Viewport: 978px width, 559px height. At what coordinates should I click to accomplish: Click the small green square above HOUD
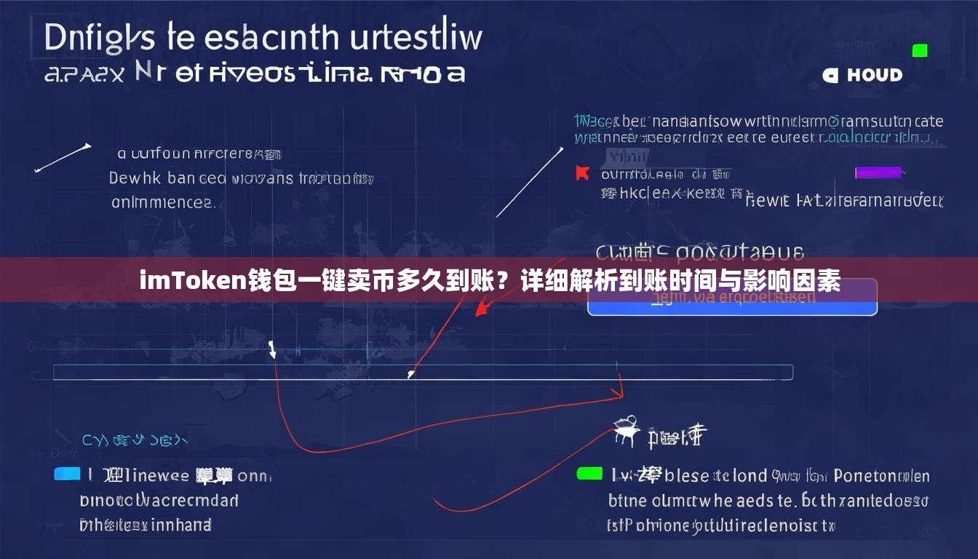(920, 50)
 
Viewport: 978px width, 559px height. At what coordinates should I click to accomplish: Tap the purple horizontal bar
(878, 173)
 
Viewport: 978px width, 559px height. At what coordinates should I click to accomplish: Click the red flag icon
(581, 173)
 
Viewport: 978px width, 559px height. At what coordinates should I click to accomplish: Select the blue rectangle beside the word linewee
(67, 474)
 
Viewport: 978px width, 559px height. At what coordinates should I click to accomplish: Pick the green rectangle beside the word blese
(589, 474)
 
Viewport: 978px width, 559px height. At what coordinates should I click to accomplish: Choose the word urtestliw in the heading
(416, 38)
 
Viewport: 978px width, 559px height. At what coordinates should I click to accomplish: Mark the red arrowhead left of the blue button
(482, 309)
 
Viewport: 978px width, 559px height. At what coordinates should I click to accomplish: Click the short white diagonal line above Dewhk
(63, 158)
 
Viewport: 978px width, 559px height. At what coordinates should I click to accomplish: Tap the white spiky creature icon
(625, 430)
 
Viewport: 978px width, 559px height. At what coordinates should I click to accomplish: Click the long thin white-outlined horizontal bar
(423, 372)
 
